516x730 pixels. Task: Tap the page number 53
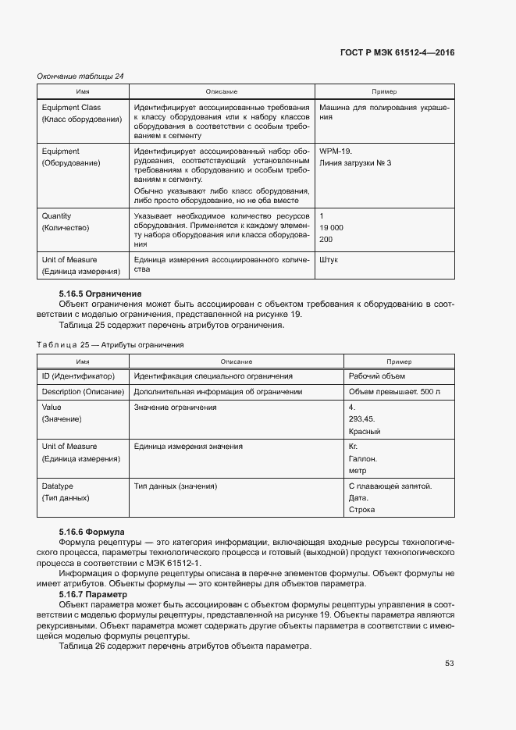450,664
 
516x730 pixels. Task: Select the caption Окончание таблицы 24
80,76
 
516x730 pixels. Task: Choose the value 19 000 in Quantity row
332,227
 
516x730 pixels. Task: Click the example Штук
329,260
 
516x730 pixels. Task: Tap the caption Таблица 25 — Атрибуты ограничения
110,344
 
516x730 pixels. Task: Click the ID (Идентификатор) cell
78,376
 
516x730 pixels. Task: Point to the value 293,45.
362,419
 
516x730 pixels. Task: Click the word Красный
364,431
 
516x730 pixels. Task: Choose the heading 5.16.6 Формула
92,531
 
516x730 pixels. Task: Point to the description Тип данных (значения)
176,486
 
